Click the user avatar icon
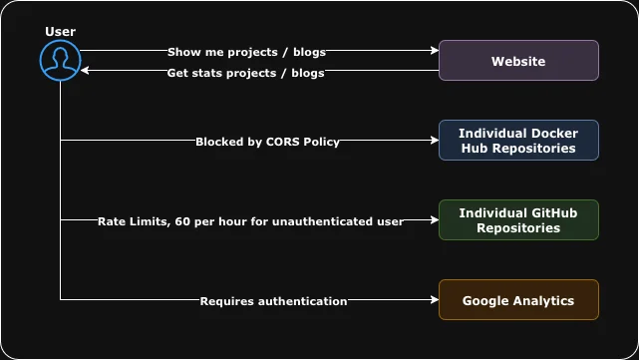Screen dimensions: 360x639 click(60, 60)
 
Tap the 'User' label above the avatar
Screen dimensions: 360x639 click(60, 32)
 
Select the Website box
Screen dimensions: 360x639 click(518, 61)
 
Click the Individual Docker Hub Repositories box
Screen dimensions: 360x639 click(518, 141)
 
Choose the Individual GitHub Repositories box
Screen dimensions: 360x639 click(518, 220)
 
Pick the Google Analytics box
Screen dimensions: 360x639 click(518, 300)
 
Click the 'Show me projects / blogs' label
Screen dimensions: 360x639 click(246, 51)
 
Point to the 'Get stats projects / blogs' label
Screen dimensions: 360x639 click(245, 72)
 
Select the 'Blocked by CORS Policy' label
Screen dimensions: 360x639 click(267, 142)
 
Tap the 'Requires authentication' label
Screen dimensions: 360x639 click(273, 300)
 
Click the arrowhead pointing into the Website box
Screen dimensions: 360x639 click(434, 51)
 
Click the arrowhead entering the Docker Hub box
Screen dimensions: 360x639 click(434, 141)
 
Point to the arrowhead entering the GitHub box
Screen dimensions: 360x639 click(434, 220)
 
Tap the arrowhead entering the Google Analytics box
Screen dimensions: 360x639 click(434, 300)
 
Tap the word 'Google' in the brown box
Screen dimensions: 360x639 click(485, 300)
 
